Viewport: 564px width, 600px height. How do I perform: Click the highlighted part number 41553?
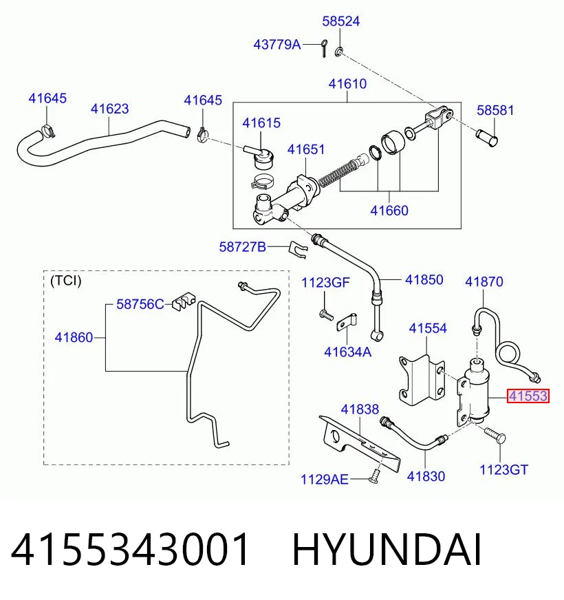[x=528, y=396]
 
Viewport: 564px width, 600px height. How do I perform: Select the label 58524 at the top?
[x=341, y=21]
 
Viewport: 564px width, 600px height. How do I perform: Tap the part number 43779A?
[x=277, y=45]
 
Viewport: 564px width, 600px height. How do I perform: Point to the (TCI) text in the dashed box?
[x=66, y=281]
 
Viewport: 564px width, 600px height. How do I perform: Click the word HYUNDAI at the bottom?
[x=387, y=550]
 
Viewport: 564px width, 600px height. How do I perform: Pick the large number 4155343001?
[x=130, y=550]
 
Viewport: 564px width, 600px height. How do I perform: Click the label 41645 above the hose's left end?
[x=47, y=98]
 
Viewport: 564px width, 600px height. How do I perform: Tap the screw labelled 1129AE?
[x=374, y=476]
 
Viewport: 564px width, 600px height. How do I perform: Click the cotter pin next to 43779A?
[x=324, y=48]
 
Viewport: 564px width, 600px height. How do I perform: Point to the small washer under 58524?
[x=339, y=52]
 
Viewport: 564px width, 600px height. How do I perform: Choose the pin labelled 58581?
[x=487, y=138]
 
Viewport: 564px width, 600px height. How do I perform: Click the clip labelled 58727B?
[x=299, y=250]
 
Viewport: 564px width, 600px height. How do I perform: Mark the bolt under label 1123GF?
[x=326, y=315]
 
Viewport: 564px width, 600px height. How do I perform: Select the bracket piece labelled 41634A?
[x=347, y=322]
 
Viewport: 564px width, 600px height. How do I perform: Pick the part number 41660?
[x=389, y=211]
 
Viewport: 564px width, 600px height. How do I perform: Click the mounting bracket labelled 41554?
[x=422, y=380]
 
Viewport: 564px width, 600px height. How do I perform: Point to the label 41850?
[x=424, y=280]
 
